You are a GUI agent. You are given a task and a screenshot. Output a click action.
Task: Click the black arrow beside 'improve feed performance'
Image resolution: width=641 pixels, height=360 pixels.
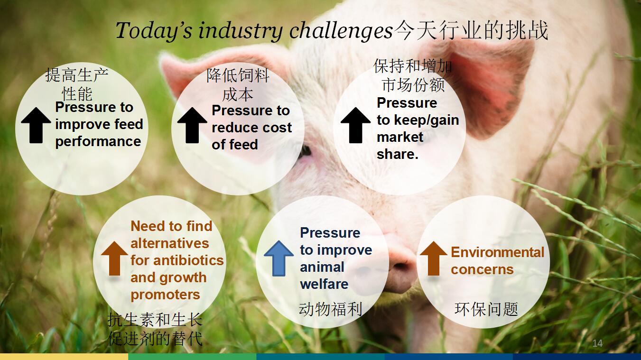pyautogui.click(x=36, y=125)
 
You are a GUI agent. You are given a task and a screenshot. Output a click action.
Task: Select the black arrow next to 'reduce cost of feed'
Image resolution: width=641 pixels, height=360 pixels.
pyautogui.click(x=192, y=125)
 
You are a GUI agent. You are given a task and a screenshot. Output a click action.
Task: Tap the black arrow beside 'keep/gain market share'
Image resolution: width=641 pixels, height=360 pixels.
pyautogui.click(x=356, y=125)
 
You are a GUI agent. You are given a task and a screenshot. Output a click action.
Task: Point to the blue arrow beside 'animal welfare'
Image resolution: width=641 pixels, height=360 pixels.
pyautogui.click(x=279, y=258)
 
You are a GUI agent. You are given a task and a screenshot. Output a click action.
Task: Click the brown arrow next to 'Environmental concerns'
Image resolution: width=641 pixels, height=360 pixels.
pyautogui.click(x=434, y=258)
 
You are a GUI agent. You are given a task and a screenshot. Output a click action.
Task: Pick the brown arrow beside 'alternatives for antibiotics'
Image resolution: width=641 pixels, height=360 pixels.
pyautogui.click(x=114, y=258)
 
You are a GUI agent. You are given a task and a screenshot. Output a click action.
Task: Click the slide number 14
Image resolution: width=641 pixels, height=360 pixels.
pyautogui.click(x=597, y=343)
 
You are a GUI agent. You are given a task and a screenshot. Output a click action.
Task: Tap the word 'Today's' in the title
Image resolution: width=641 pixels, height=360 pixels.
pyautogui.click(x=154, y=31)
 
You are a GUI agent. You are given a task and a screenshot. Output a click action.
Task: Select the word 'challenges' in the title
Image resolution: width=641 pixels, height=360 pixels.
pyautogui.click(x=341, y=31)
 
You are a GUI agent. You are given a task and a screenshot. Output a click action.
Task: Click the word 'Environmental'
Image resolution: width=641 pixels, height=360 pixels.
pyautogui.click(x=498, y=252)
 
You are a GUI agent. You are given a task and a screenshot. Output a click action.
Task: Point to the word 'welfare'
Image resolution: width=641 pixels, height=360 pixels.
pyautogui.click(x=324, y=284)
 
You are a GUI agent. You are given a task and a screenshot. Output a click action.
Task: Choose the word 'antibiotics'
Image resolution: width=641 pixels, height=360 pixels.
pyautogui.click(x=188, y=260)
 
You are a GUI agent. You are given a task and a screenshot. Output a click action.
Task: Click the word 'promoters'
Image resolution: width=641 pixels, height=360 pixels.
pyautogui.click(x=165, y=295)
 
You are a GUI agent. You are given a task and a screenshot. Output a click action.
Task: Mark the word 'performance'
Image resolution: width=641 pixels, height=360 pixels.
pyautogui.click(x=98, y=142)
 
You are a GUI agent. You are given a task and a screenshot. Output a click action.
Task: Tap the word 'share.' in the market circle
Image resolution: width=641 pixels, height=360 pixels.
pyautogui.click(x=398, y=155)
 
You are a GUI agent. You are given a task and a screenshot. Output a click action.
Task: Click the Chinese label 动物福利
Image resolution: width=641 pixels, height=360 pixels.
pyautogui.click(x=331, y=309)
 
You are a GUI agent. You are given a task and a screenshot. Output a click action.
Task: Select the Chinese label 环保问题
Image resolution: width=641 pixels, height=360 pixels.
pyautogui.click(x=486, y=309)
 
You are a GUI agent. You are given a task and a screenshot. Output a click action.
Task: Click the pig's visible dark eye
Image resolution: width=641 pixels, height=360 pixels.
pyautogui.click(x=306, y=150)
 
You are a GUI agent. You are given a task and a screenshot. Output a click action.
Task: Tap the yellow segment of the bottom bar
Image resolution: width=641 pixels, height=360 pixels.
pyautogui.click(x=64, y=357)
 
